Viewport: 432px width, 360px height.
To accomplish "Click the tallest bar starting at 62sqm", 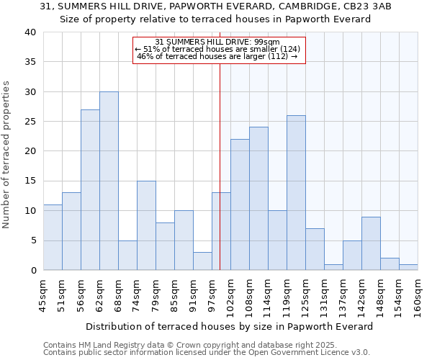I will click(109, 181).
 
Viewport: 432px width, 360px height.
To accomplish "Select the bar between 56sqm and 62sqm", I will click(90, 190).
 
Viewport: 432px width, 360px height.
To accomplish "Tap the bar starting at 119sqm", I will click(296, 193).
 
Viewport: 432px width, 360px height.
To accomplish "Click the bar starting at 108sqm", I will click(258, 199).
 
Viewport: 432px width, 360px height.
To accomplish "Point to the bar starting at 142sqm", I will click(371, 243).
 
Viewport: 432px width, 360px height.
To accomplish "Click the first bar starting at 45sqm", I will click(53, 238).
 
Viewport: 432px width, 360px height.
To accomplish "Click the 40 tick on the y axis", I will click(30, 32).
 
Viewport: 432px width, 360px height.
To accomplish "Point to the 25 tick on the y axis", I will click(30, 122).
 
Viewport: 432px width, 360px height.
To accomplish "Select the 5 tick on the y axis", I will click(32, 240).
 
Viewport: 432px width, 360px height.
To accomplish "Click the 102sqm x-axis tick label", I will click(230, 294).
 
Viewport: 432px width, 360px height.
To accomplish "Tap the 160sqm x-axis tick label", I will click(418, 294).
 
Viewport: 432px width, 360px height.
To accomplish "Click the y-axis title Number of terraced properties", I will click(7, 154).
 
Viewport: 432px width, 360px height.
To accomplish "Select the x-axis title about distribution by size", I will click(230, 326).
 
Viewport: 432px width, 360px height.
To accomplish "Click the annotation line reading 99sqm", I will click(219, 42).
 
